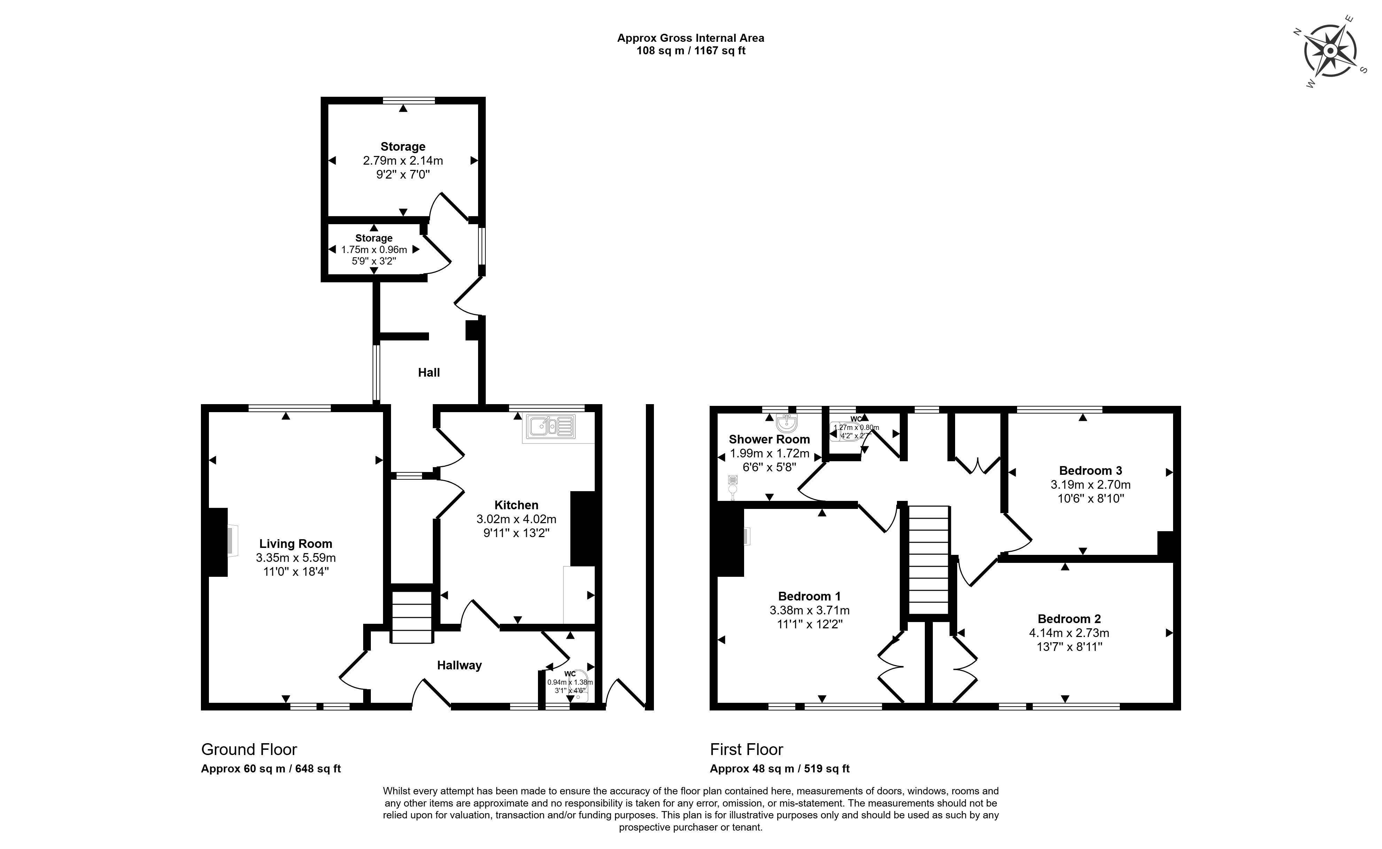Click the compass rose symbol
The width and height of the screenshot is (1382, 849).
click(1330, 51)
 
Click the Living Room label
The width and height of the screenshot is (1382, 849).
click(295, 543)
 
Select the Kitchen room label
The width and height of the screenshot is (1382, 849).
click(516, 505)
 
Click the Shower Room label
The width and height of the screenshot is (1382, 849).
click(769, 439)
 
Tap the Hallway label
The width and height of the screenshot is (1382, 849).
click(459, 666)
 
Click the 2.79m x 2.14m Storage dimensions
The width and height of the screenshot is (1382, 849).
click(403, 160)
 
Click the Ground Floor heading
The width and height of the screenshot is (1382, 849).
click(249, 749)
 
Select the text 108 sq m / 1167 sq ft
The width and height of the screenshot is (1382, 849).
click(691, 50)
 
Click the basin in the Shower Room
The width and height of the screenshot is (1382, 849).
click(787, 422)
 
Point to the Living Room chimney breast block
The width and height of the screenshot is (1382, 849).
click(218, 542)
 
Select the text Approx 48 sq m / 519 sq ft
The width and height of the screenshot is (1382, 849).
click(780, 769)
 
